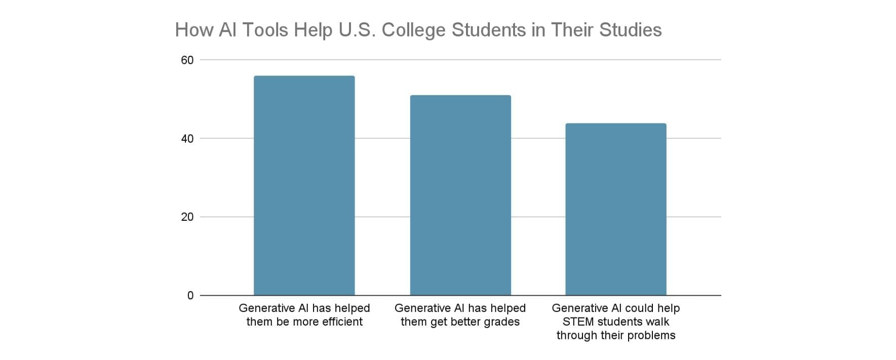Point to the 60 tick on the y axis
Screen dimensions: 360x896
pyautogui.click(x=187, y=60)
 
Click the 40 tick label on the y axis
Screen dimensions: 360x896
pyautogui.click(x=187, y=139)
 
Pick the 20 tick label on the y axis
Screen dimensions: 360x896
pyautogui.click(x=187, y=217)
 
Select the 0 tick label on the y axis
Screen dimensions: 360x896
pyautogui.click(x=190, y=296)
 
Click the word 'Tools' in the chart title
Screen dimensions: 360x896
pyautogui.click(x=265, y=30)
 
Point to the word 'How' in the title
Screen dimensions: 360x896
pyautogui.click(x=194, y=30)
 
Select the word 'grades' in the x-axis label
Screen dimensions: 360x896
pyautogui.click(x=501, y=322)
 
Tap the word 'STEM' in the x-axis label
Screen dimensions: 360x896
pyautogui.click(x=578, y=322)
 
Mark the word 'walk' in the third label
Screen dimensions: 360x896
pyautogui.click(x=657, y=322)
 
